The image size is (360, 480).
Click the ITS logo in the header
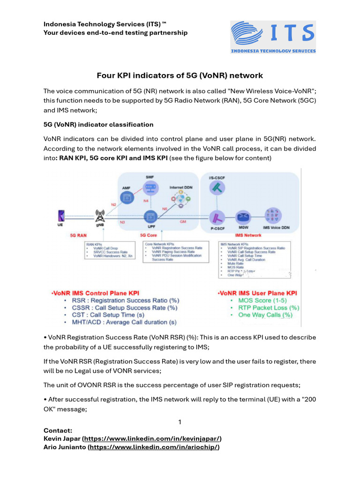point(273,37)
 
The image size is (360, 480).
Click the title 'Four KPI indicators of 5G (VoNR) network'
point(180,75)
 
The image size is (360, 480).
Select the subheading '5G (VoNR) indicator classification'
point(98,125)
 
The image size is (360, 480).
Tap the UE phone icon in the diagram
point(60,215)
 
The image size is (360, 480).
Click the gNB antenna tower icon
point(99,215)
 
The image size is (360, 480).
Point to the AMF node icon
point(126,197)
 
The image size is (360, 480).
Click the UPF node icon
point(151,217)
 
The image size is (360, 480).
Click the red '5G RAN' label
point(78,235)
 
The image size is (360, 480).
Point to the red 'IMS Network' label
point(248,235)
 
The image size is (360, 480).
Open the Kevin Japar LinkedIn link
point(152,439)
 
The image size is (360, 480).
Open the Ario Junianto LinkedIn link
point(154,447)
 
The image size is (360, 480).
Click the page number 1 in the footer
point(180,422)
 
